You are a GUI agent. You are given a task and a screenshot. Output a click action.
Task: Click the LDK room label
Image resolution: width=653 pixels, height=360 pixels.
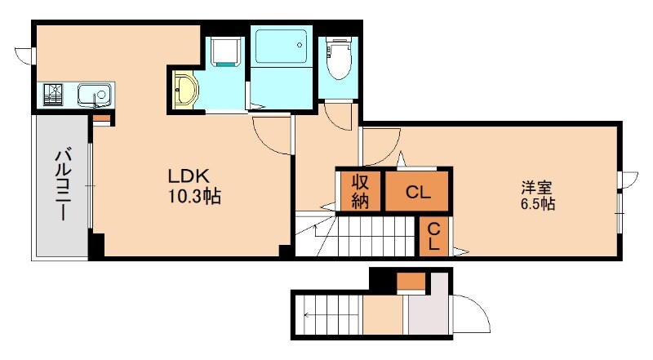[189, 176]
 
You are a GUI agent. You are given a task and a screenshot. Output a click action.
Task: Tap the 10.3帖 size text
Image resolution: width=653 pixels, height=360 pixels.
[194, 196]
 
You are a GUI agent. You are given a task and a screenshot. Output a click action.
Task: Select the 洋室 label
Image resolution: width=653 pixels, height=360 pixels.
[537, 188]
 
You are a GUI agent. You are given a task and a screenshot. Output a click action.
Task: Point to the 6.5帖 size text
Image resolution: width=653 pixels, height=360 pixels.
[538, 204]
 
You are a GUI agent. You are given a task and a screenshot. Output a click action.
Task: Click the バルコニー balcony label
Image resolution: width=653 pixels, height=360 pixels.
[64, 184]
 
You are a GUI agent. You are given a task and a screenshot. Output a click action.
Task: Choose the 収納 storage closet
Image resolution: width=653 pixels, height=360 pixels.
[360, 191]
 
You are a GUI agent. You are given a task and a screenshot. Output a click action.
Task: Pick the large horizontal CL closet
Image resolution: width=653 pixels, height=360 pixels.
[417, 192]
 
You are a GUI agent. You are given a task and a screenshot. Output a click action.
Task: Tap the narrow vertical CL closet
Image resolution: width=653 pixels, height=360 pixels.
[434, 236]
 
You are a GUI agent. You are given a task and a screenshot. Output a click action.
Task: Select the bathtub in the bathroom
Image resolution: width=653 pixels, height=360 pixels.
[281, 46]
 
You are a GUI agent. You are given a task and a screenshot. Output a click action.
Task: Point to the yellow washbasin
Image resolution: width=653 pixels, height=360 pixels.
[185, 90]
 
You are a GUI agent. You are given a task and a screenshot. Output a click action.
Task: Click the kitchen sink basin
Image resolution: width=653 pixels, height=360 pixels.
[94, 95]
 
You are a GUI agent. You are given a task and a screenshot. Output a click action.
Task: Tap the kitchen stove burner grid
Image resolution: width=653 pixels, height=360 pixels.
[53, 95]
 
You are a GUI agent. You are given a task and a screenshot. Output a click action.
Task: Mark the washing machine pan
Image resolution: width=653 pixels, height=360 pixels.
[227, 51]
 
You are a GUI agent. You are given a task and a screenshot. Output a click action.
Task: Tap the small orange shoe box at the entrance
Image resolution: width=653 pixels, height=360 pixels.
[411, 281]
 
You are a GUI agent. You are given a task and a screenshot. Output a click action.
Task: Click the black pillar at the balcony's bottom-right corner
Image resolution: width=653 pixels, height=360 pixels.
[96, 245]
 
